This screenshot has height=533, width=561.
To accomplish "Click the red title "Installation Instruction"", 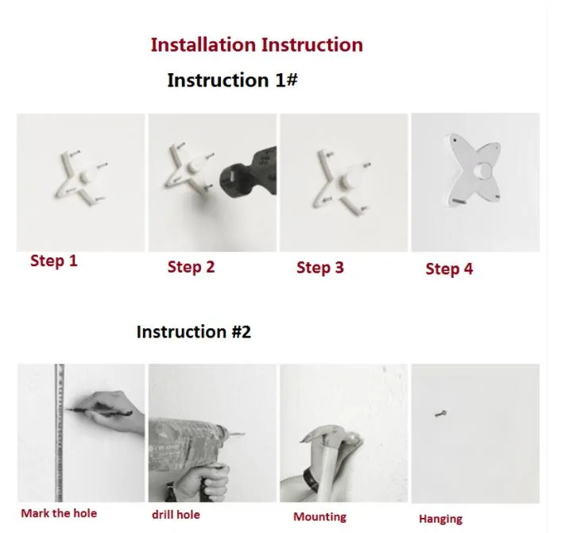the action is (257, 45).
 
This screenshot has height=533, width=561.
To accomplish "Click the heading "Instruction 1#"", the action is (232, 79).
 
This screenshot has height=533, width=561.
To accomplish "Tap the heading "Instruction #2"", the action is (194, 331).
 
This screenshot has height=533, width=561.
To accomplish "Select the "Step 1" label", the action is (54, 261).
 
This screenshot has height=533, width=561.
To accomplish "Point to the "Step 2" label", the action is (191, 267).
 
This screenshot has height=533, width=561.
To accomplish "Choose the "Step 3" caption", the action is (320, 268).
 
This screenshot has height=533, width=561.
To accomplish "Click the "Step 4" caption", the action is (449, 269).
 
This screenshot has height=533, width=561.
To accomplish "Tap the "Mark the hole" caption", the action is (59, 513).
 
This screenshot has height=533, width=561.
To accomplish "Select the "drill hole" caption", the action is (176, 515).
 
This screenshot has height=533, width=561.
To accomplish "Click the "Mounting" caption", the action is (320, 517).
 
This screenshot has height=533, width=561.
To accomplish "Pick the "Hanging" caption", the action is (440, 519).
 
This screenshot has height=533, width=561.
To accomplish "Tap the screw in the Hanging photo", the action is (440, 414).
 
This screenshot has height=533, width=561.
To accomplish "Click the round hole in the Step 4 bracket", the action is (482, 171).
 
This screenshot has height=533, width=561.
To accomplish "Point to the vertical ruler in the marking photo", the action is (60, 433).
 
